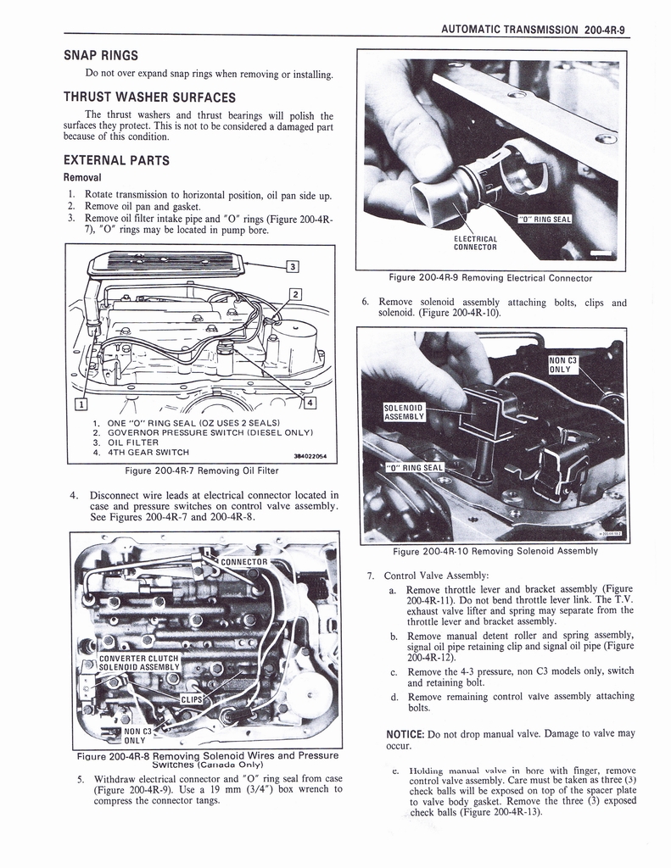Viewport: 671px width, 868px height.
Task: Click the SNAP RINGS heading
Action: coord(101,55)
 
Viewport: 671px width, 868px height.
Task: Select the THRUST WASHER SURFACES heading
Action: coord(149,97)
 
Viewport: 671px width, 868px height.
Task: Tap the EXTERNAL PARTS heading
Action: coord(116,160)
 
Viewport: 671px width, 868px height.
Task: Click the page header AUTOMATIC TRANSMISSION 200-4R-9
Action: coord(534,28)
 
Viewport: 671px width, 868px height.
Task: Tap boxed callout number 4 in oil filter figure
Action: coord(310,402)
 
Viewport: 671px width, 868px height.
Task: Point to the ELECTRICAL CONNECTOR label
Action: coord(475,243)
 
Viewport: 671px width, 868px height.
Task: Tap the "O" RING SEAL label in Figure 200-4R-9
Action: coord(545,220)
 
